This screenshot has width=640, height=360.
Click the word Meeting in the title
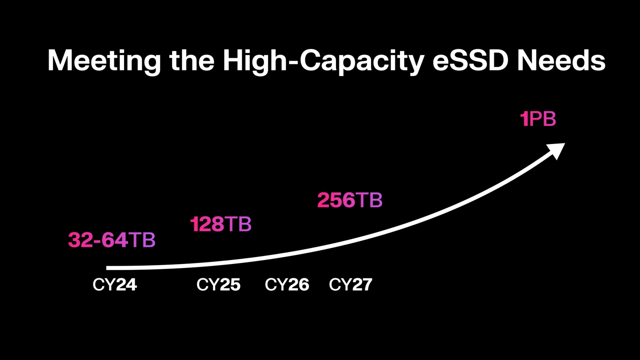[104, 61]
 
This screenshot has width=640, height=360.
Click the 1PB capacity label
[538, 120]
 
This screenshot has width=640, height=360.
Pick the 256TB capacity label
[350, 200]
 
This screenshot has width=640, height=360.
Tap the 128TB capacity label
[221, 224]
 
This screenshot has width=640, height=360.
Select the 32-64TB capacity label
[112, 240]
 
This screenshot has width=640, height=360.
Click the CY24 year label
[115, 284]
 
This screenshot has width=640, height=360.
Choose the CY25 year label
[218, 284]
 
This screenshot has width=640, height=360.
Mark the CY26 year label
[287, 284]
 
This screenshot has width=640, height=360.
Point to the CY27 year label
[350, 284]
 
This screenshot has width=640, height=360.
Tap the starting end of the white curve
[108, 268]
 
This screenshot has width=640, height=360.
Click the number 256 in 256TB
[336, 200]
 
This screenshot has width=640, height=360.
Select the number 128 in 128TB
[207, 224]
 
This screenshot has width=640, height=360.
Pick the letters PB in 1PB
[543, 120]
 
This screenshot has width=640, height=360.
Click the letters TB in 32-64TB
[142, 240]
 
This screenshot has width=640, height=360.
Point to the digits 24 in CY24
[126, 284]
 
